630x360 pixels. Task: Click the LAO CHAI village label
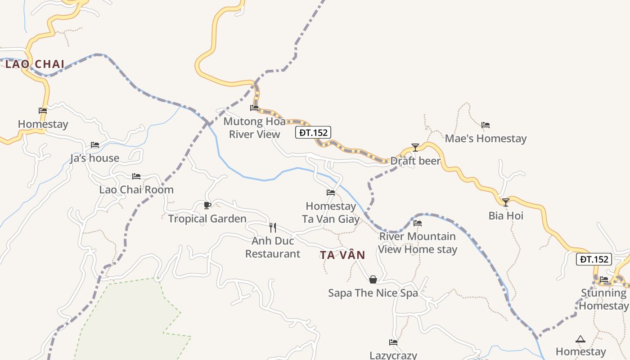click(x=35, y=64)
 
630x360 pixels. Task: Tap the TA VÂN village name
click(x=342, y=255)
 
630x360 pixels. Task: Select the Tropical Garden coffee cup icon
click(x=207, y=206)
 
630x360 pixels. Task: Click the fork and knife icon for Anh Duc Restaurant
click(x=272, y=227)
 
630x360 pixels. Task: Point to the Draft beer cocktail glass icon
click(x=415, y=147)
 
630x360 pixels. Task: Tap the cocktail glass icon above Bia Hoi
click(x=506, y=202)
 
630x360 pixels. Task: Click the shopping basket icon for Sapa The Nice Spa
click(x=373, y=279)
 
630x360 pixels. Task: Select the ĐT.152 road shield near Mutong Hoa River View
click(x=313, y=132)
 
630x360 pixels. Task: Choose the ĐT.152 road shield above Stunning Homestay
click(x=594, y=259)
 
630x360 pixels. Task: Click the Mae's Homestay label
click(x=486, y=138)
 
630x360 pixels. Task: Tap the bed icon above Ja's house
click(x=94, y=145)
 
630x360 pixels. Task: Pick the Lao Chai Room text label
click(x=136, y=189)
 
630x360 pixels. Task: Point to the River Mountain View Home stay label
click(x=417, y=243)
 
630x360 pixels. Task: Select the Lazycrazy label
click(x=393, y=355)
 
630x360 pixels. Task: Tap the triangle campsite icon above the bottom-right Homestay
click(x=580, y=339)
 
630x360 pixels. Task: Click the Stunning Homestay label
click(x=603, y=299)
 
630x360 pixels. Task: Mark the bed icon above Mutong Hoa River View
click(x=254, y=108)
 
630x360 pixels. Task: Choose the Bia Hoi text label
click(x=506, y=216)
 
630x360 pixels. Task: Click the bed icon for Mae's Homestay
click(x=485, y=125)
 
